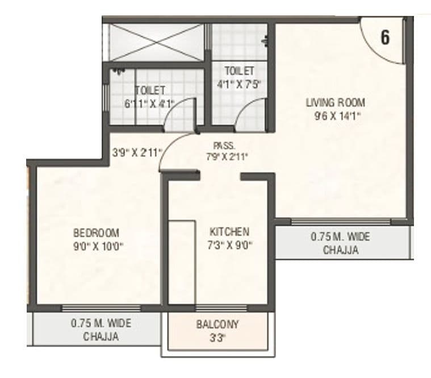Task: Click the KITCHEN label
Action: pyautogui.click(x=229, y=232)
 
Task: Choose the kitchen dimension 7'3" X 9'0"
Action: pyautogui.click(x=229, y=245)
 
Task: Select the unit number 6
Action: pyautogui.click(x=384, y=38)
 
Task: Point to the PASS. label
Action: pyautogui.click(x=220, y=145)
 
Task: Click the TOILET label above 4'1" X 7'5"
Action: pyautogui.click(x=239, y=71)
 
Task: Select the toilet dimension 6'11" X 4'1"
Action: pyautogui.click(x=149, y=103)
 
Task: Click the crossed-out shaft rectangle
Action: pyautogui.click(x=154, y=41)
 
